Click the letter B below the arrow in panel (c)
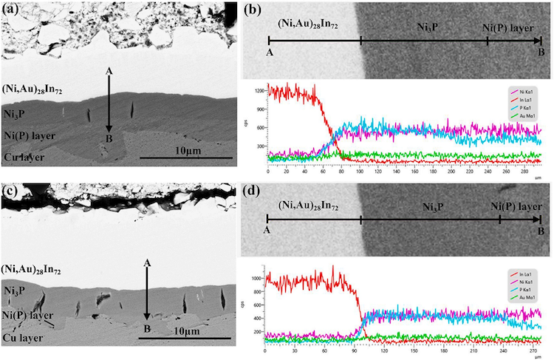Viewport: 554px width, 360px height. click(147, 329)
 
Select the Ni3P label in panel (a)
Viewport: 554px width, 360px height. click(14, 115)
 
